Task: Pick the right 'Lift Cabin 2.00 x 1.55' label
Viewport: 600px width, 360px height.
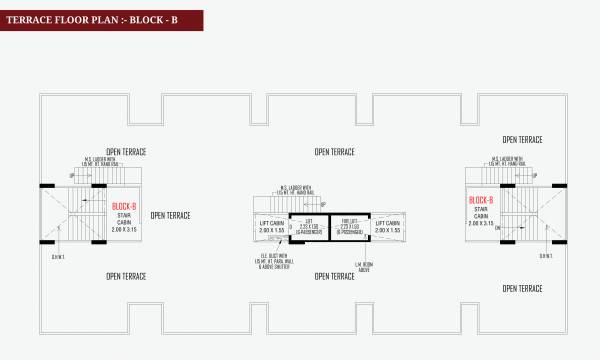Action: (388, 227)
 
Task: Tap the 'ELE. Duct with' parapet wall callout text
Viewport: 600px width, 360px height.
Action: (272, 261)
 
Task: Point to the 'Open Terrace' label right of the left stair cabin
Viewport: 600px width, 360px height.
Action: (170, 215)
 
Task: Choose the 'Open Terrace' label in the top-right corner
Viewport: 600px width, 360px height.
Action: (522, 140)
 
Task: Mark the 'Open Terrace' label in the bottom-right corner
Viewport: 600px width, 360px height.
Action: (522, 288)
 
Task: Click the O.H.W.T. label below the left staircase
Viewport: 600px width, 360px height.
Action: (57, 255)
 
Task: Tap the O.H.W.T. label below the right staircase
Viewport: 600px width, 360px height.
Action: (547, 255)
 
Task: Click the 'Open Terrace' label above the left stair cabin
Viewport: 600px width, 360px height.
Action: (127, 152)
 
